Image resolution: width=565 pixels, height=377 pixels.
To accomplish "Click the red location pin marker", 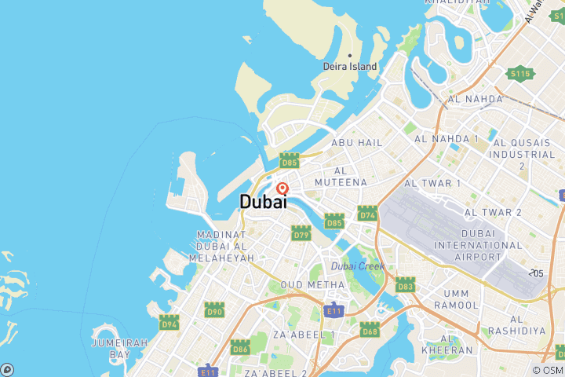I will coord(282,188).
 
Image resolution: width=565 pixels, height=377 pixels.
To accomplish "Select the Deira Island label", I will coord(350,67).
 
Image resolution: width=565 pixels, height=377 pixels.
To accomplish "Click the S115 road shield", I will coord(520,74).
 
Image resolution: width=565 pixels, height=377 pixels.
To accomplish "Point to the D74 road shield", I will coord(367,214).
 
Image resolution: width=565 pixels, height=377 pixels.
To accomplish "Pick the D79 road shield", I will coord(301,232).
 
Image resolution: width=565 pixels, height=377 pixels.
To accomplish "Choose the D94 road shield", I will coord(169,322).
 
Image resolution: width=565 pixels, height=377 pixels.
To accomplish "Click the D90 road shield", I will coord(214,310).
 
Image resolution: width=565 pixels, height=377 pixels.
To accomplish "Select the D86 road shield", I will coord(240,347).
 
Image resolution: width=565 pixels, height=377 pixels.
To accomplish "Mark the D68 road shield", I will coord(370,329).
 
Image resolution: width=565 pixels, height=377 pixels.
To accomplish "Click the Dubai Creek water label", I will coord(357,266).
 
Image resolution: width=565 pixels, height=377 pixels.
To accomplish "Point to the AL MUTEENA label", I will coord(341,177).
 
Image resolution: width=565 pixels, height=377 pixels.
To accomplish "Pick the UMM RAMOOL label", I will coord(455,298).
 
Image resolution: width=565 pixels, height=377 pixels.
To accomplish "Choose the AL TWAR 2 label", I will coord(494,213).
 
